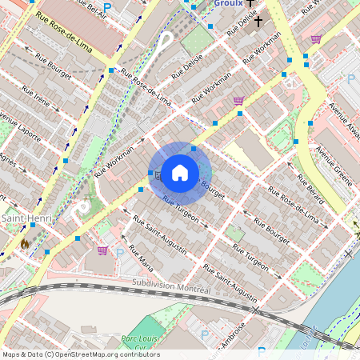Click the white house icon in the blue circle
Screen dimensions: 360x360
pyautogui.click(x=180, y=172)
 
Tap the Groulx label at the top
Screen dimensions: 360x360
pyautogui.click(x=228, y=3)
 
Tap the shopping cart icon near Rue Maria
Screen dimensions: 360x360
pyautogui.click(x=102, y=250)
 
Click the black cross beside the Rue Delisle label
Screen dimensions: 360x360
pyautogui.click(x=258, y=20)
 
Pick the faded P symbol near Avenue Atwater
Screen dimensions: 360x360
pyautogui.click(x=350, y=81)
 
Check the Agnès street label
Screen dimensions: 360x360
pyautogui.click(x=7, y=160)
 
